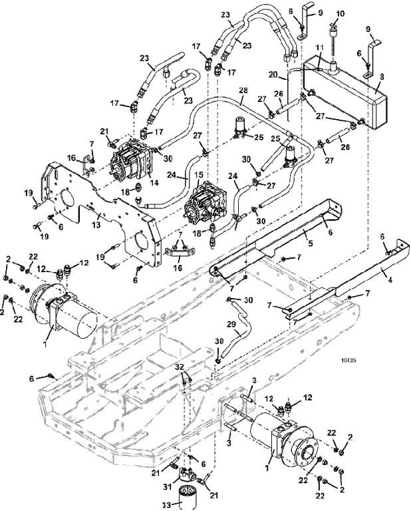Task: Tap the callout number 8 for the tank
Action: click(382, 77)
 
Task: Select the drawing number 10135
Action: click(348, 361)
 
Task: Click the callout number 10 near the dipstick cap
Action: click(340, 15)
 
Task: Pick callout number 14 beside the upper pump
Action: click(154, 183)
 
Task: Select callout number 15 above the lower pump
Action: click(198, 176)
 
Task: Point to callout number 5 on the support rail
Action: click(311, 243)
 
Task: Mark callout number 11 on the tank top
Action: click(320, 48)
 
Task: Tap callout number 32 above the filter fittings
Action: click(180, 367)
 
